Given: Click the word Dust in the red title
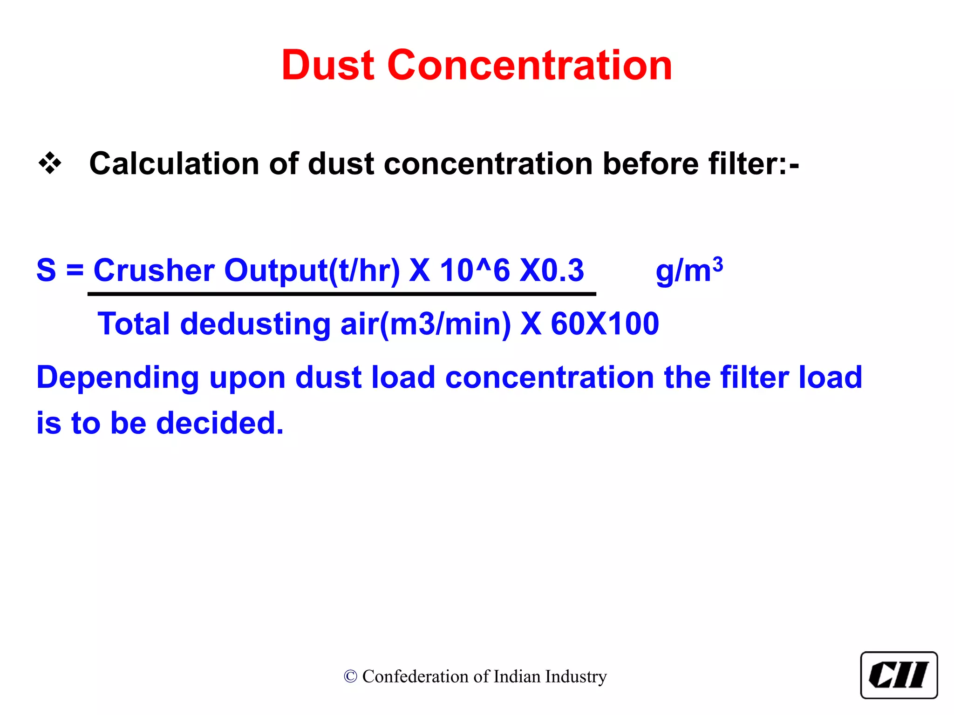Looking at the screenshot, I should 328,65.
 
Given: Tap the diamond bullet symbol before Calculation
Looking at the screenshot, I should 50,164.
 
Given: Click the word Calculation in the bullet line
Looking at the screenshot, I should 173,164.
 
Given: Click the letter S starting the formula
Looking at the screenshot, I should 46,270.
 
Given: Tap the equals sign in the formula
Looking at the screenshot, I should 75,270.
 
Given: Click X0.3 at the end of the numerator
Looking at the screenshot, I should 552,270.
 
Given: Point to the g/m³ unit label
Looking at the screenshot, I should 688,270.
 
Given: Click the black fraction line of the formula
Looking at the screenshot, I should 342,294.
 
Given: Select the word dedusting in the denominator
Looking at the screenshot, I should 255,324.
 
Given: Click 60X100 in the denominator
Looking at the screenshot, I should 605,324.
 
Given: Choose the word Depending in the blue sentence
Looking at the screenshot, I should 118,378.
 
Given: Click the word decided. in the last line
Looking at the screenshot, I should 219,424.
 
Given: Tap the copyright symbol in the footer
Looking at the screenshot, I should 350,676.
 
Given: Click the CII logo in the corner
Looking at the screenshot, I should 899,675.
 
